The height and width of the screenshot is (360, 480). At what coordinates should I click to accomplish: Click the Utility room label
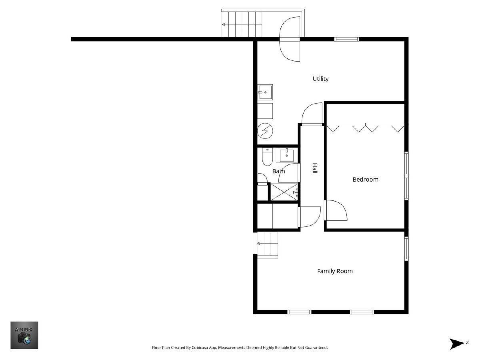pos(320,79)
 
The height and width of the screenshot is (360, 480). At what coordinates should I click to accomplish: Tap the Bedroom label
pos(366,180)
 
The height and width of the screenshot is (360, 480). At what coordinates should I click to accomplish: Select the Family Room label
pos(335,271)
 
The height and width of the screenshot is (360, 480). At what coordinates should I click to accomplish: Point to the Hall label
pos(315,168)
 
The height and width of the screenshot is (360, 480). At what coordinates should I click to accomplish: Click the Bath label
pos(278,171)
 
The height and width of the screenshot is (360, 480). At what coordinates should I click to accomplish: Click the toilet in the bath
pos(267,156)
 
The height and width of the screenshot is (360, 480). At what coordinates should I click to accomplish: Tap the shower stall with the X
pos(284,192)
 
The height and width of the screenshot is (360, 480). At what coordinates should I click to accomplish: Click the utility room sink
pos(265,92)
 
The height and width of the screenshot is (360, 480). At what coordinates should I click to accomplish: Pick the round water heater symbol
pos(265,131)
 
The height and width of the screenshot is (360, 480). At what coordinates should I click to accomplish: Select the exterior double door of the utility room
pos(290,39)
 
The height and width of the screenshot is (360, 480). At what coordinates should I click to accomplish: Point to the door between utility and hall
pos(312,114)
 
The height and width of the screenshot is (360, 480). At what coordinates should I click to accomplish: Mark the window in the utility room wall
pos(347,39)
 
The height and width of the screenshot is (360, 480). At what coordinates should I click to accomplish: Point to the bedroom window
pos(406,176)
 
